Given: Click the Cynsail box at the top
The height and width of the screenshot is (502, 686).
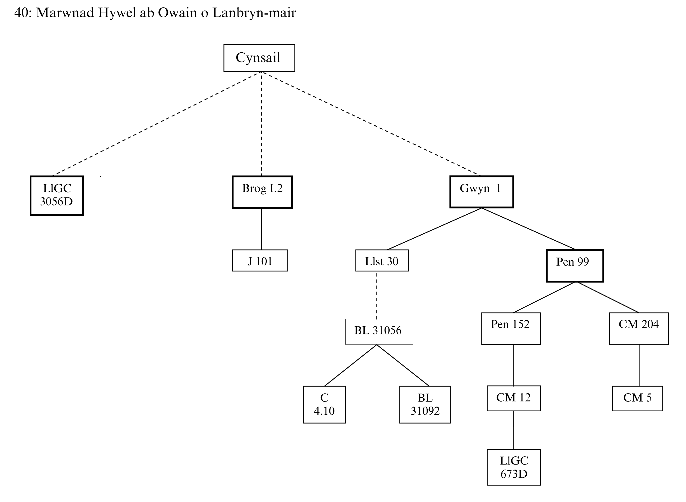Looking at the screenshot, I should (x=259, y=58).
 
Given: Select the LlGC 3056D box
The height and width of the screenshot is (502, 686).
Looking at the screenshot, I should (x=57, y=195).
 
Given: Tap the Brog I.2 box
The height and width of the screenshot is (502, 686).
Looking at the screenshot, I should (x=262, y=192).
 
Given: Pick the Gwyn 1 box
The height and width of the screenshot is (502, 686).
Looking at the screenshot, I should (x=481, y=192).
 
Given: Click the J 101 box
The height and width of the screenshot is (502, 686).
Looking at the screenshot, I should (x=260, y=261).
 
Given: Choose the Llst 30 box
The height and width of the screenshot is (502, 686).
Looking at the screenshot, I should (x=382, y=261).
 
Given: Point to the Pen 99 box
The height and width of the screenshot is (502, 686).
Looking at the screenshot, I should (x=575, y=266).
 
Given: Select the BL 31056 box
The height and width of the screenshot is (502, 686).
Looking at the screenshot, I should (x=379, y=332).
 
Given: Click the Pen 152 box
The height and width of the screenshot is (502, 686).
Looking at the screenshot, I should (x=511, y=329).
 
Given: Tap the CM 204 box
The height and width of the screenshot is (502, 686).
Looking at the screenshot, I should (x=639, y=329).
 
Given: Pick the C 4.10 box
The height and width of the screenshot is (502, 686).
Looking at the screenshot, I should (x=324, y=404).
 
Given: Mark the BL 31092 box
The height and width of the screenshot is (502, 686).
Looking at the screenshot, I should (x=425, y=404).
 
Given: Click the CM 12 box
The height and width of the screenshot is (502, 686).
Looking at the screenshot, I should (x=513, y=398).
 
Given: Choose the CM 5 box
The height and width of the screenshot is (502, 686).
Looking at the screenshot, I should (x=637, y=398).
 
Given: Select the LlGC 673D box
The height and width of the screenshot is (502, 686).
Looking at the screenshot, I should (x=513, y=467).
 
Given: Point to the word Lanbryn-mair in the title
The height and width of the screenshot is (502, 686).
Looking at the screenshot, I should (x=254, y=13).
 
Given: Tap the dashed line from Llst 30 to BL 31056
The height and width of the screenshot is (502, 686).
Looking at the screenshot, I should (x=377, y=295).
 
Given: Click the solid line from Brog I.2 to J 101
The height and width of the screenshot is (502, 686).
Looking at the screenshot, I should (x=261, y=229).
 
